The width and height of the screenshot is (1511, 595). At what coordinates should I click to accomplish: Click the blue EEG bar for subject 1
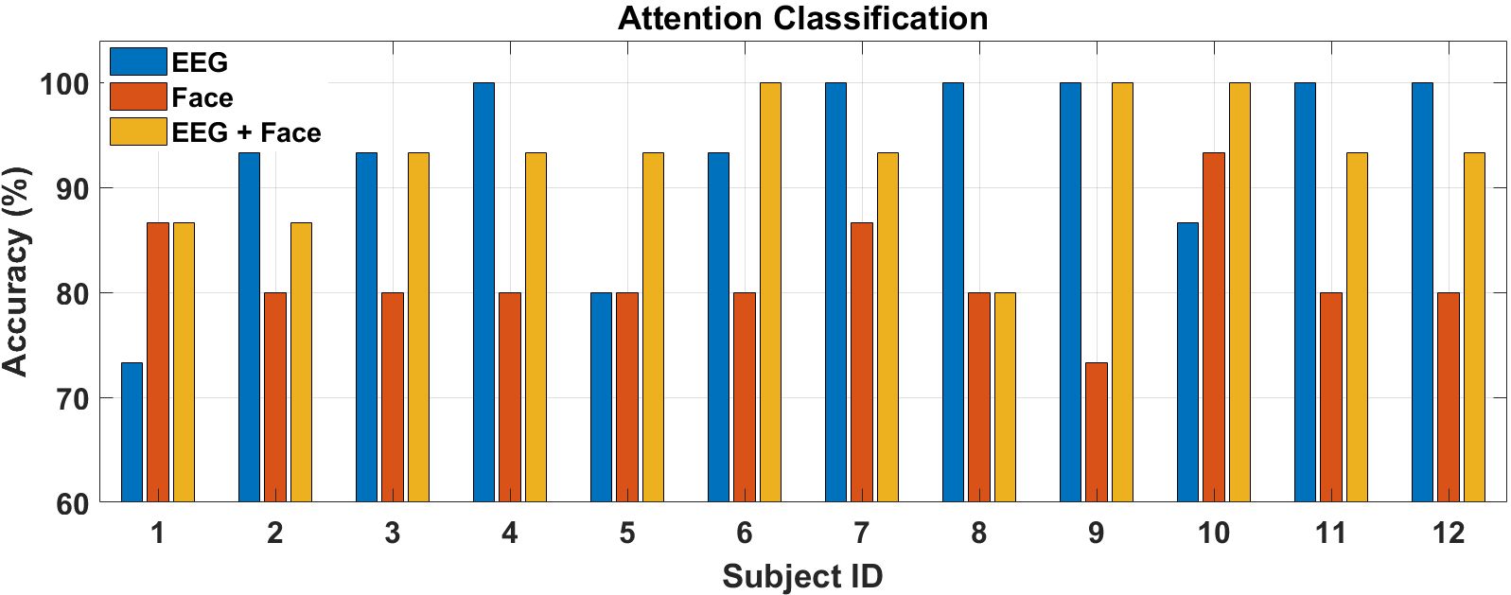[132, 432]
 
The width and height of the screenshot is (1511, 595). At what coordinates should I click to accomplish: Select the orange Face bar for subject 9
[1097, 432]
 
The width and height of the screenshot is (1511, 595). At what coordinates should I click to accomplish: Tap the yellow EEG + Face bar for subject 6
[770, 293]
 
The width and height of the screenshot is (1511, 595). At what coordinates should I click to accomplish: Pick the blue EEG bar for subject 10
[1187, 362]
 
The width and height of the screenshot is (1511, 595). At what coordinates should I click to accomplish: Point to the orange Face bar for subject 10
[1214, 327]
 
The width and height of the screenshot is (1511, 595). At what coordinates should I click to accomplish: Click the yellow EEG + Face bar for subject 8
[1005, 397]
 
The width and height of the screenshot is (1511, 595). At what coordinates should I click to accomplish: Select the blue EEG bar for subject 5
[601, 397]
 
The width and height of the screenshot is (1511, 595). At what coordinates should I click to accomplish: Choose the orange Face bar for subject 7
[862, 362]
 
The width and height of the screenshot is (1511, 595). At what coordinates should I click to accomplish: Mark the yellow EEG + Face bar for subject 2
[301, 362]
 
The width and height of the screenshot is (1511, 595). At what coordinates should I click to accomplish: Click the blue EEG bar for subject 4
[483, 293]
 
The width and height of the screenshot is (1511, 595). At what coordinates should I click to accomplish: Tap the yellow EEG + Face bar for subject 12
[1475, 327]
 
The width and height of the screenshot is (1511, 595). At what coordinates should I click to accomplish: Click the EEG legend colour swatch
[138, 61]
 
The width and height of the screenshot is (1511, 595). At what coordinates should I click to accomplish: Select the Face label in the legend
[202, 97]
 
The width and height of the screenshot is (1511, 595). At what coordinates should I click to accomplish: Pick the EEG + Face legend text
[246, 132]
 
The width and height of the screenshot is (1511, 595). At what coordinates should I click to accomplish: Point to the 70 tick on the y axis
[73, 399]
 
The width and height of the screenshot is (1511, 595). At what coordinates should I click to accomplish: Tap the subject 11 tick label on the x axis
[1331, 534]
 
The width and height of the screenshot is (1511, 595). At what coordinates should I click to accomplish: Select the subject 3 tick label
[393, 534]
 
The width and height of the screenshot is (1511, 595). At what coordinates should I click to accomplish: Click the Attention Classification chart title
[802, 18]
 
